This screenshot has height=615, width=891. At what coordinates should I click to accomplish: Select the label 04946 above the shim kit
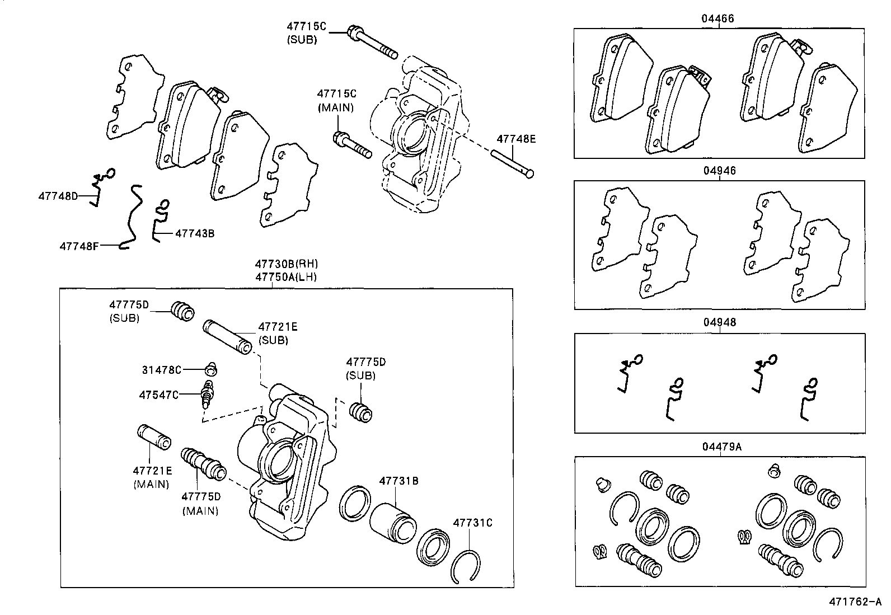720,171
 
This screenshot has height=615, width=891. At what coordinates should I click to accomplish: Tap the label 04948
720,322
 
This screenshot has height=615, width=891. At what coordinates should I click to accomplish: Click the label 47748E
517,139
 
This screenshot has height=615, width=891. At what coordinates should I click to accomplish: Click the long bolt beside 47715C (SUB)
372,41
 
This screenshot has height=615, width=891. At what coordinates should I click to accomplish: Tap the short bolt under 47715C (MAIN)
352,145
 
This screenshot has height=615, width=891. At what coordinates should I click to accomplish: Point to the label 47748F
79,245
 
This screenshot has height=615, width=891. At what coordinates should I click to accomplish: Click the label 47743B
195,233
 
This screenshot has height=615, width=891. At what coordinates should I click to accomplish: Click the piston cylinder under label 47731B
393,523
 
